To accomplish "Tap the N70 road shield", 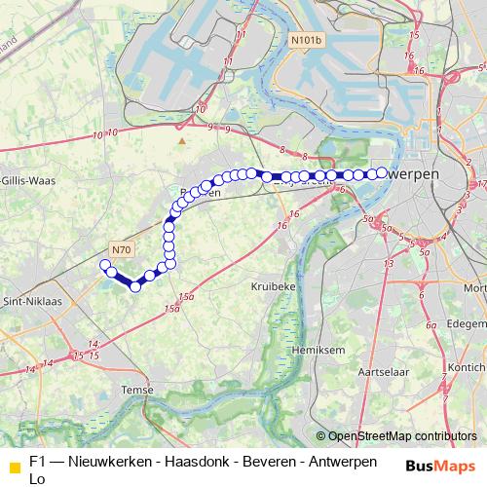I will [x=120, y=249].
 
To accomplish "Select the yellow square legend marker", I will [x=14, y=466].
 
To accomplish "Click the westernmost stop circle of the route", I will [x=105, y=264].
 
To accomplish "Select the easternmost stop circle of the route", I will [x=382, y=172].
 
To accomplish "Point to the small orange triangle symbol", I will [x=181, y=141].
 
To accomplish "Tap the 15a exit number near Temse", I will [x=173, y=308].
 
